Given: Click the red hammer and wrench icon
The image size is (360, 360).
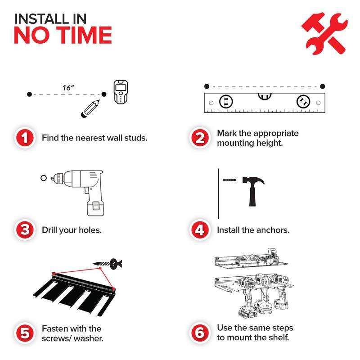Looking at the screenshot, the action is (x=324, y=33).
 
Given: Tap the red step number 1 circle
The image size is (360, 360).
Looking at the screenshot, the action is (x=25, y=138).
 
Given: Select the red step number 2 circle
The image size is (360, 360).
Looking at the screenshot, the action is (x=200, y=138).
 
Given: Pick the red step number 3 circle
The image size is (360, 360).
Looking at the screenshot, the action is (x=25, y=230).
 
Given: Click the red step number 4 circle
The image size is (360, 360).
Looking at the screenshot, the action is (x=200, y=230).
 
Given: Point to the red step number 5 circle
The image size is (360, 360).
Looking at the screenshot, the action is (x=25, y=333).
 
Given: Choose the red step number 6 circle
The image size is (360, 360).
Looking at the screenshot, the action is (x=200, y=333).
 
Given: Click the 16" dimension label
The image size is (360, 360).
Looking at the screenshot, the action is (x=68, y=88).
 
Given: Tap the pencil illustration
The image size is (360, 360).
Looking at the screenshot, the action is (x=90, y=108).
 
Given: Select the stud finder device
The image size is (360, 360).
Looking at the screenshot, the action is (x=121, y=92).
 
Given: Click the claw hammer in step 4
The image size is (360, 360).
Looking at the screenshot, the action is (x=253, y=191).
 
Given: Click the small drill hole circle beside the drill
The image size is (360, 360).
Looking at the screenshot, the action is (x=44, y=178).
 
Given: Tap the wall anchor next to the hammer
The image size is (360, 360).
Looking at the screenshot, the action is (x=229, y=180).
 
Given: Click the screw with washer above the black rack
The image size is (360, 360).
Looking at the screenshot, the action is (x=108, y=264).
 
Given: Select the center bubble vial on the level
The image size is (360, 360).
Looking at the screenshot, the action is (x=265, y=96).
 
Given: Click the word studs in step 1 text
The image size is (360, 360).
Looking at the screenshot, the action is (x=136, y=138).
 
